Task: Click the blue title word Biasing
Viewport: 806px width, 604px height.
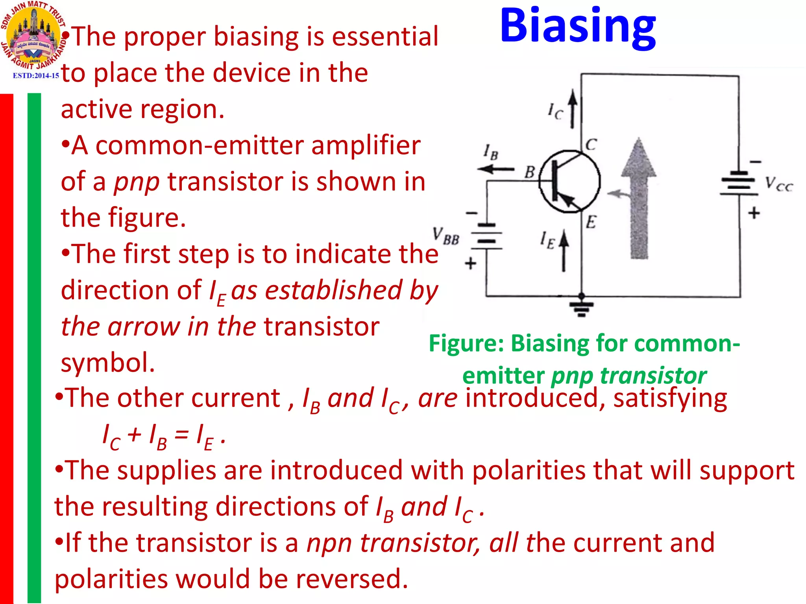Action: coord(577,27)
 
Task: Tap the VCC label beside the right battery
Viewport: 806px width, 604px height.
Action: coord(778,184)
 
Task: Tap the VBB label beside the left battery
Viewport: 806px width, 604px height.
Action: coord(446,236)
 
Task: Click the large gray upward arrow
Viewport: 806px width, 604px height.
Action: coord(639,199)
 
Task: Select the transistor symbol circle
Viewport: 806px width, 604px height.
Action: coord(569,181)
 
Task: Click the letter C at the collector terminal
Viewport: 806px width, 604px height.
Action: coord(591,144)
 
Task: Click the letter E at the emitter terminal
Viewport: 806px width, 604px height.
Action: coord(591,222)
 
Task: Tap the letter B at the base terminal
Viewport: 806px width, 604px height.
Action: coord(530,172)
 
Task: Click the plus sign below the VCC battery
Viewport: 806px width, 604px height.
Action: coord(754,213)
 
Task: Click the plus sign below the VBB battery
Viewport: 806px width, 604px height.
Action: coord(470,263)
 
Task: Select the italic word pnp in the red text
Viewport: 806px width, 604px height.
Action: coord(137,182)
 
